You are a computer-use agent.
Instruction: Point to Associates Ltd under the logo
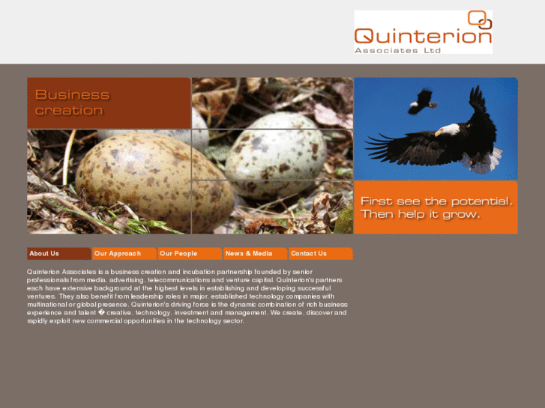(398, 50)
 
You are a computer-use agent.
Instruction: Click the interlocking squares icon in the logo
(479, 19)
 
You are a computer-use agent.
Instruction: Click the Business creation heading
(72, 103)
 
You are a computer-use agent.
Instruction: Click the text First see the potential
(436, 201)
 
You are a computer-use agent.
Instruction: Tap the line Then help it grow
(420, 214)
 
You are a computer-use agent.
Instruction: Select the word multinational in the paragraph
(52, 305)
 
